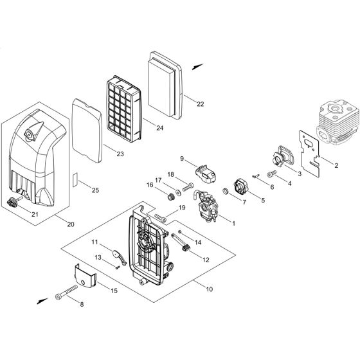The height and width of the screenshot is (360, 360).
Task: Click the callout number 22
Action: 201,104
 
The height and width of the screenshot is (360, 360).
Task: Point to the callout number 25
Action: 95,190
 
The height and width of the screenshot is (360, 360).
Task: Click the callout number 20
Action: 69,223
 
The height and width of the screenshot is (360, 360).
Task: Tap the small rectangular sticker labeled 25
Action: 75,177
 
